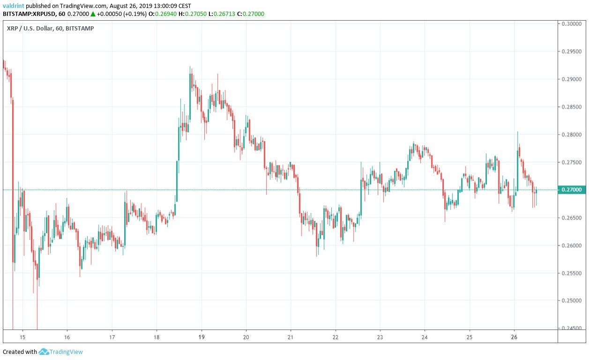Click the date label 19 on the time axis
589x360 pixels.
click(x=201, y=337)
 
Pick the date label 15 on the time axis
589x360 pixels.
click(x=22, y=337)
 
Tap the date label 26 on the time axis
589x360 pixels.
click(x=514, y=337)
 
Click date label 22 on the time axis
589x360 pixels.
click(x=336, y=337)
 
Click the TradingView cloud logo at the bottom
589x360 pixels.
click(x=44, y=352)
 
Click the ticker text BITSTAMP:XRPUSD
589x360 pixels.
click(x=27, y=14)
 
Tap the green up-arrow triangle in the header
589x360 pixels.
click(x=93, y=14)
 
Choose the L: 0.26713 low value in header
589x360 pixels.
click(x=219, y=14)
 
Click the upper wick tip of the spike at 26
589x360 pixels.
click(x=518, y=132)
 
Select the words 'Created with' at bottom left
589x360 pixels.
click(x=20, y=352)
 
